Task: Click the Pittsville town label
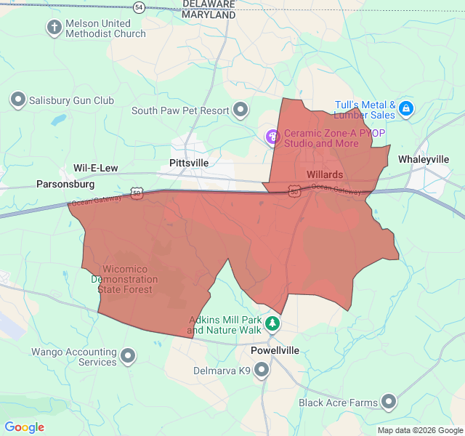click(x=188, y=163)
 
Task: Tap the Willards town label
click(x=324, y=174)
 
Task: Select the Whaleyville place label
click(x=424, y=159)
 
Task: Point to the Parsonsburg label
click(x=65, y=185)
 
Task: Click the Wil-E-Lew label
click(x=95, y=168)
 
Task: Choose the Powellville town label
click(x=275, y=350)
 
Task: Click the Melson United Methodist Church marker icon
click(x=54, y=28)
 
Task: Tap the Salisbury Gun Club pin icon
click(x=18, y=100)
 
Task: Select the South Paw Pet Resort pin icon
click(x=240, y=110)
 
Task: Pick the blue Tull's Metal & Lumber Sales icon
click(x=406, y=110)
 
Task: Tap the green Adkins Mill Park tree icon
click(x=272, y=323)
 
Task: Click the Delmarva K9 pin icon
click(x=262, y=371)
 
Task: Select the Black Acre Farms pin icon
click(x=389, y=402)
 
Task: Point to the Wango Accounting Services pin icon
click(x=129, y=356)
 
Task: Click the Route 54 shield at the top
click(x=139, y=7)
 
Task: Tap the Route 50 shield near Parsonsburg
click(x=137, y=193)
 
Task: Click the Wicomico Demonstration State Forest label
click(x=122, y=279)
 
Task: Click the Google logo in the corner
click(x=25, y=427)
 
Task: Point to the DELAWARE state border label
click(x=209, y=4)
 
